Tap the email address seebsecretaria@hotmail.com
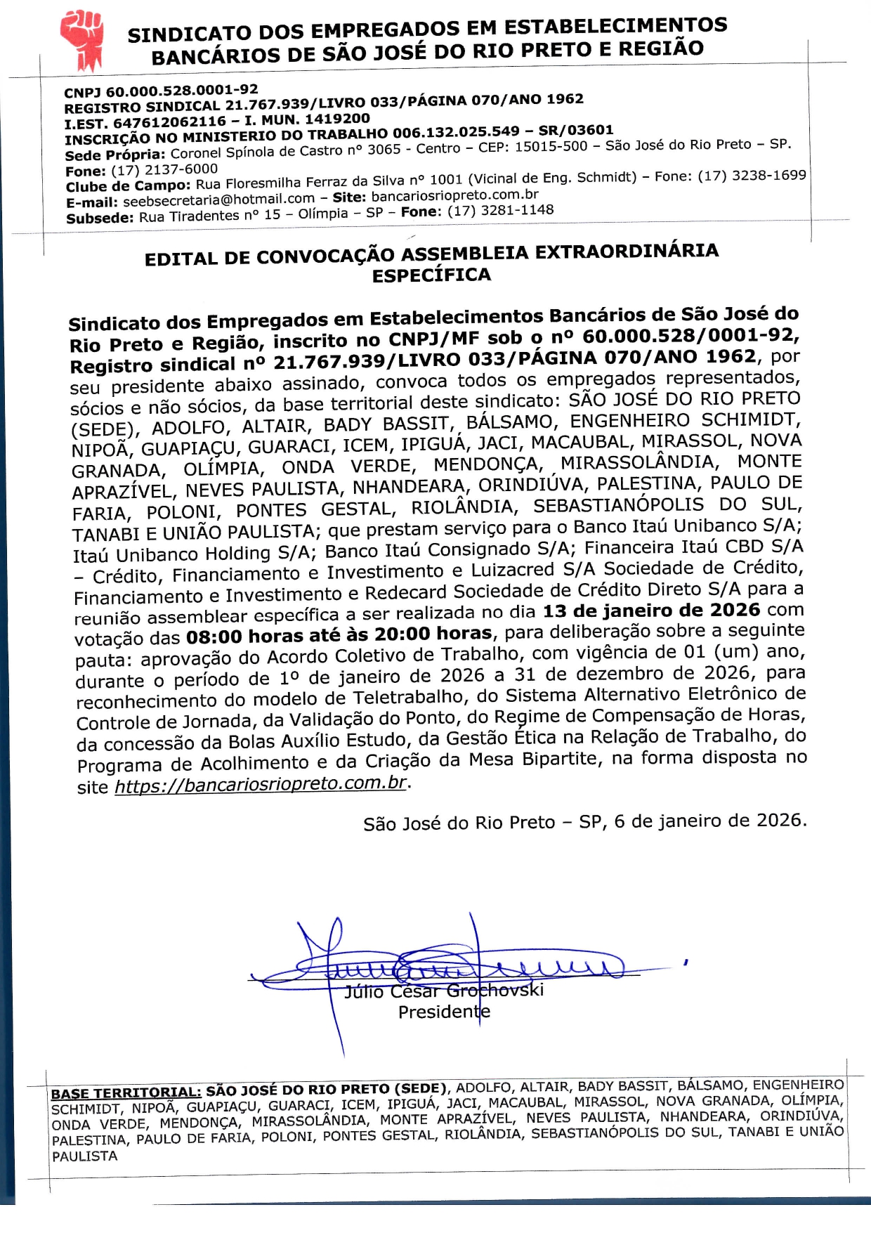click(x=218, y=200)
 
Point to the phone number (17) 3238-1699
click(x=752, y=175)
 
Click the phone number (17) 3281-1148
click(x=500, y=210)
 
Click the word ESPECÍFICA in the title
click(x=431, y=275)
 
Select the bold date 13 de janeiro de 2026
click(x=651, y=610)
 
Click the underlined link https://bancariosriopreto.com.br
click(x=260, y=784)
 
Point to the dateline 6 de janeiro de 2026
click(x=709, y=820)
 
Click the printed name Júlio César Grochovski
click(x=444, y=991)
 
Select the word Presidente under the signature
click(x=444, y=1012)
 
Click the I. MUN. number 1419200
click(x=337, y=119)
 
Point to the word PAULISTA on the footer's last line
click(x=85, y=1156)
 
